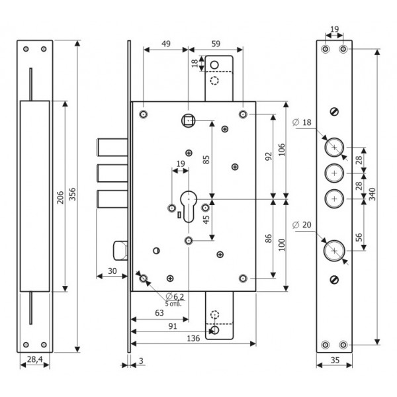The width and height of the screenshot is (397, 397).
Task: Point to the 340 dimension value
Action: pyautogui.click(x=373, y=194)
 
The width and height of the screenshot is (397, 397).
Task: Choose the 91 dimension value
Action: pyautogui.click(x=172, y=325)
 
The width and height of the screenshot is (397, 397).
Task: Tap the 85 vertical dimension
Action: pyautogui.click(x=206, y=159)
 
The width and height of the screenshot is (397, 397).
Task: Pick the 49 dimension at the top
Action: pyautogui.click(x=165, y=44)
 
